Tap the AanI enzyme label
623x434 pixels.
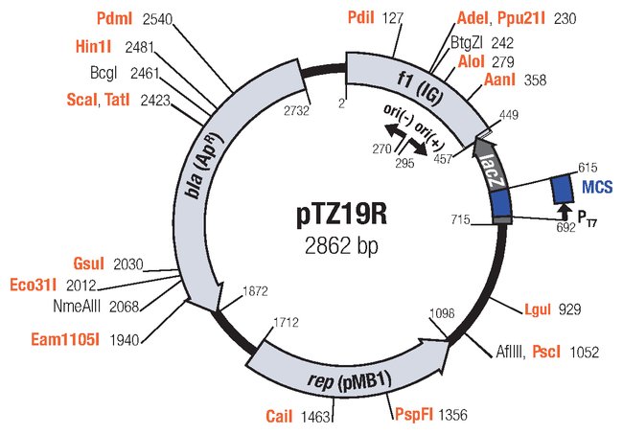501,80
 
